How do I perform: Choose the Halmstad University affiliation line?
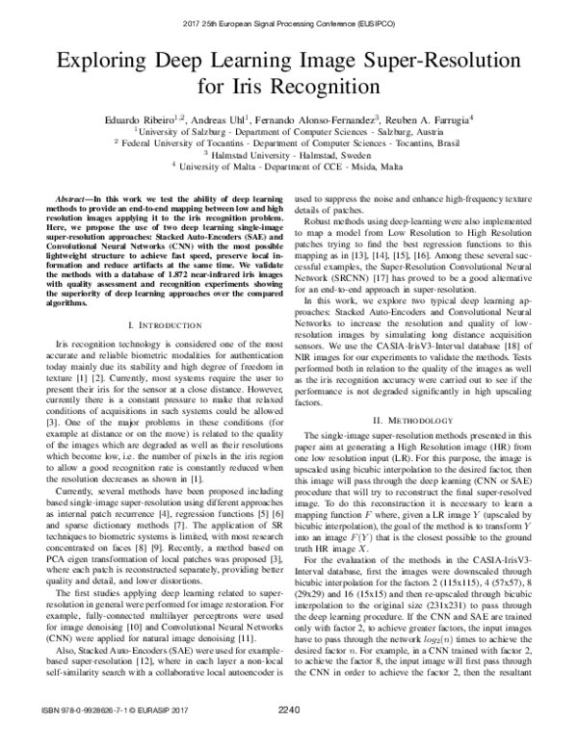point(289,152)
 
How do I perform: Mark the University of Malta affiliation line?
point(289,165)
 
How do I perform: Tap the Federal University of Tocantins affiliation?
point(289,141)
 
